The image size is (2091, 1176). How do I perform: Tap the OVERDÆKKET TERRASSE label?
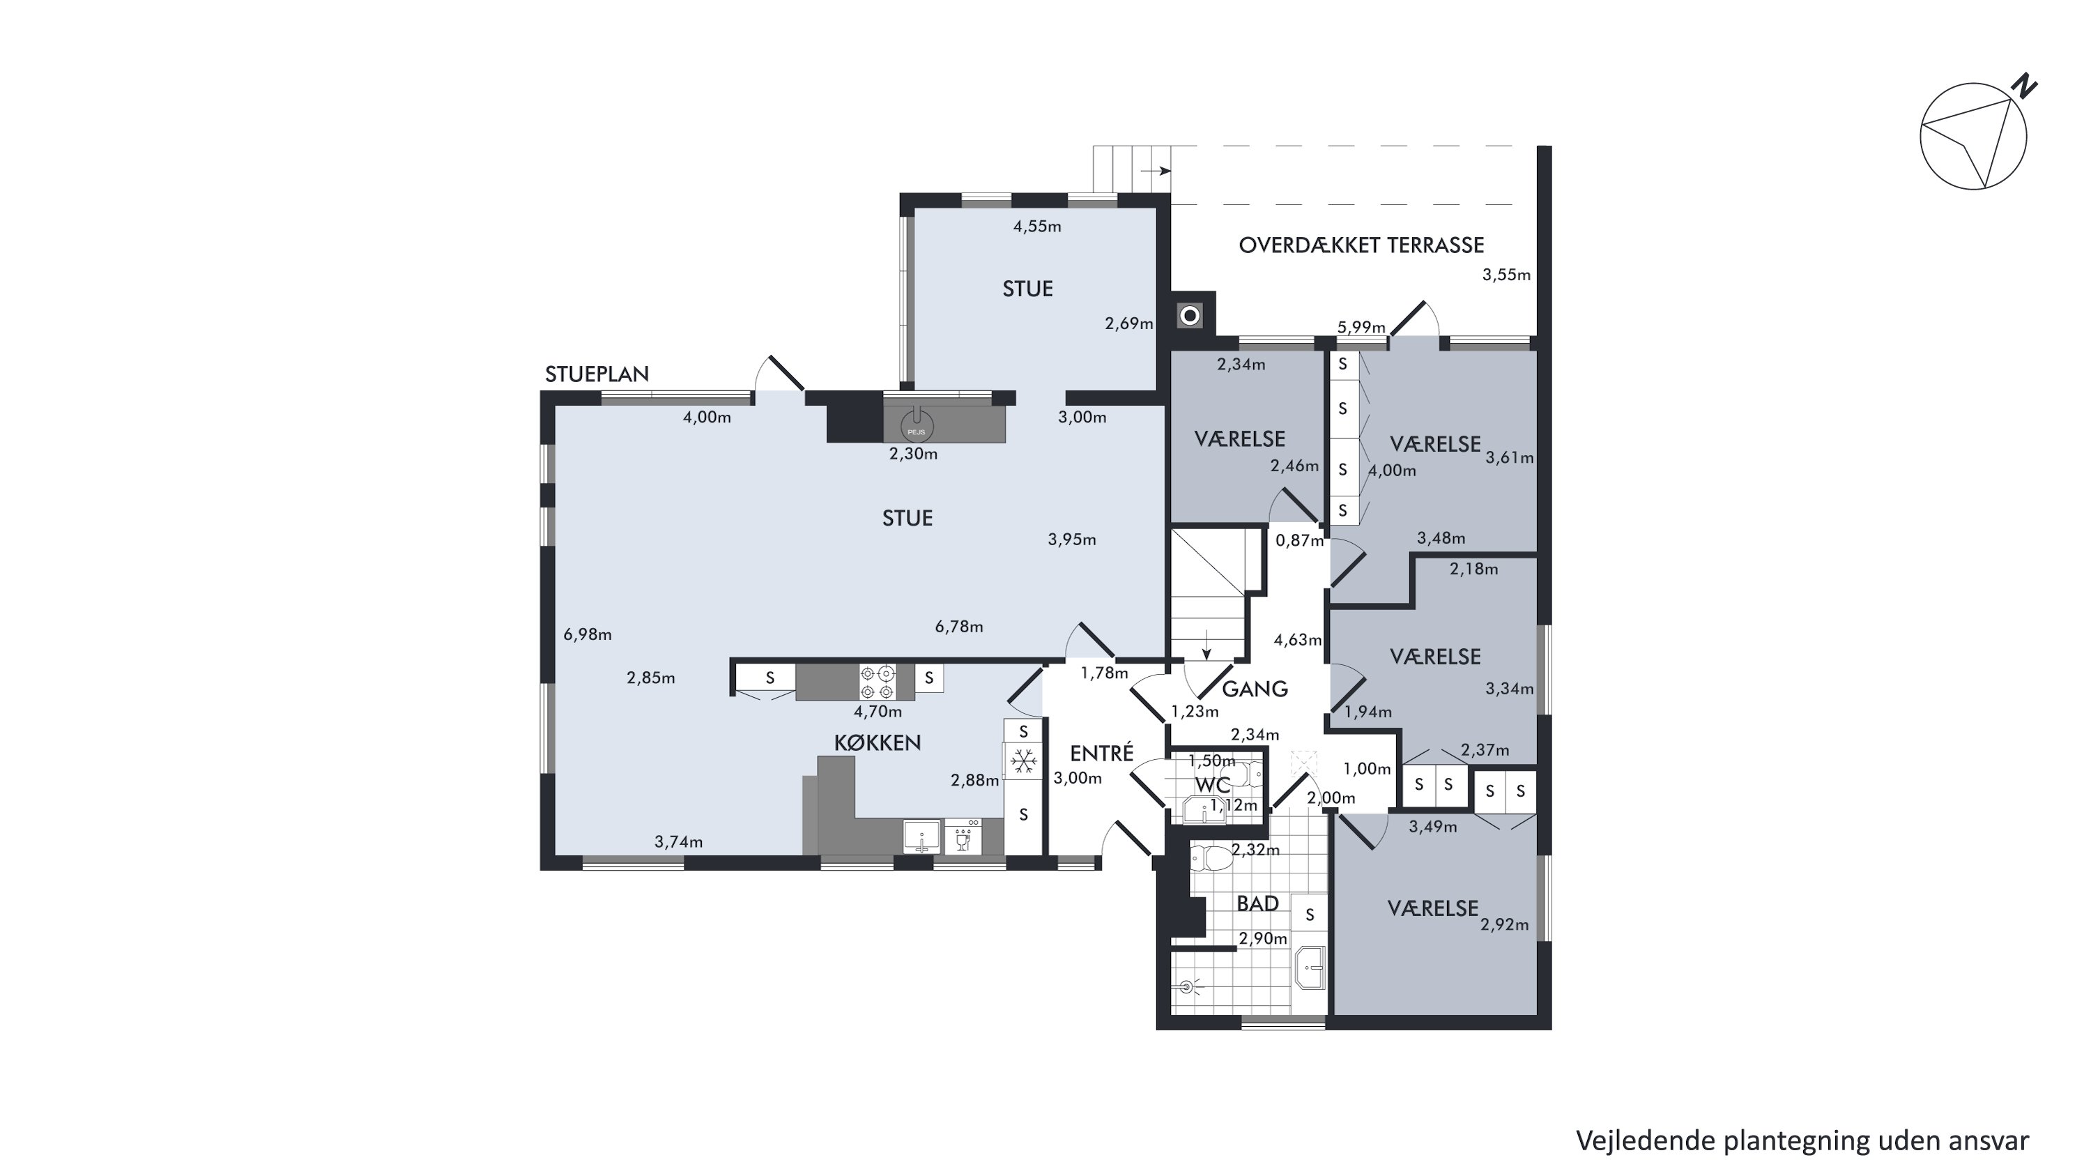pos(1361,245)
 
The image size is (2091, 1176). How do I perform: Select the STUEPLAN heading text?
pos(597,374)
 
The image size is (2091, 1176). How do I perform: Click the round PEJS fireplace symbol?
pos(917,427)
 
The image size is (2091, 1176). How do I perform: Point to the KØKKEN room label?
pos(878,742)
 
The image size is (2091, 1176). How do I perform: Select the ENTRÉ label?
pos(1101,753)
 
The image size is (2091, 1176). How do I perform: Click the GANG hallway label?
pos(1255,689)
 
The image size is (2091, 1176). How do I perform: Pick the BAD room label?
pos(1257,903)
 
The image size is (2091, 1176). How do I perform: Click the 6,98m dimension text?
pos(588,634)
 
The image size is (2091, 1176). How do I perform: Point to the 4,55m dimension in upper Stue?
pos(1037,227)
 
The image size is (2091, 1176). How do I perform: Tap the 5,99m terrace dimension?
pos(1361,327)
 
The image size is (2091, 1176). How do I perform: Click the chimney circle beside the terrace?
pos(1190,316)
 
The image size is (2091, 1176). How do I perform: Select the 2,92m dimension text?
pos(1504,924)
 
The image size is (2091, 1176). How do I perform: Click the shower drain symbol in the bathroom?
pos(1188,987)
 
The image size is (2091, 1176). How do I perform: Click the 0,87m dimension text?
pos(1300,540)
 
